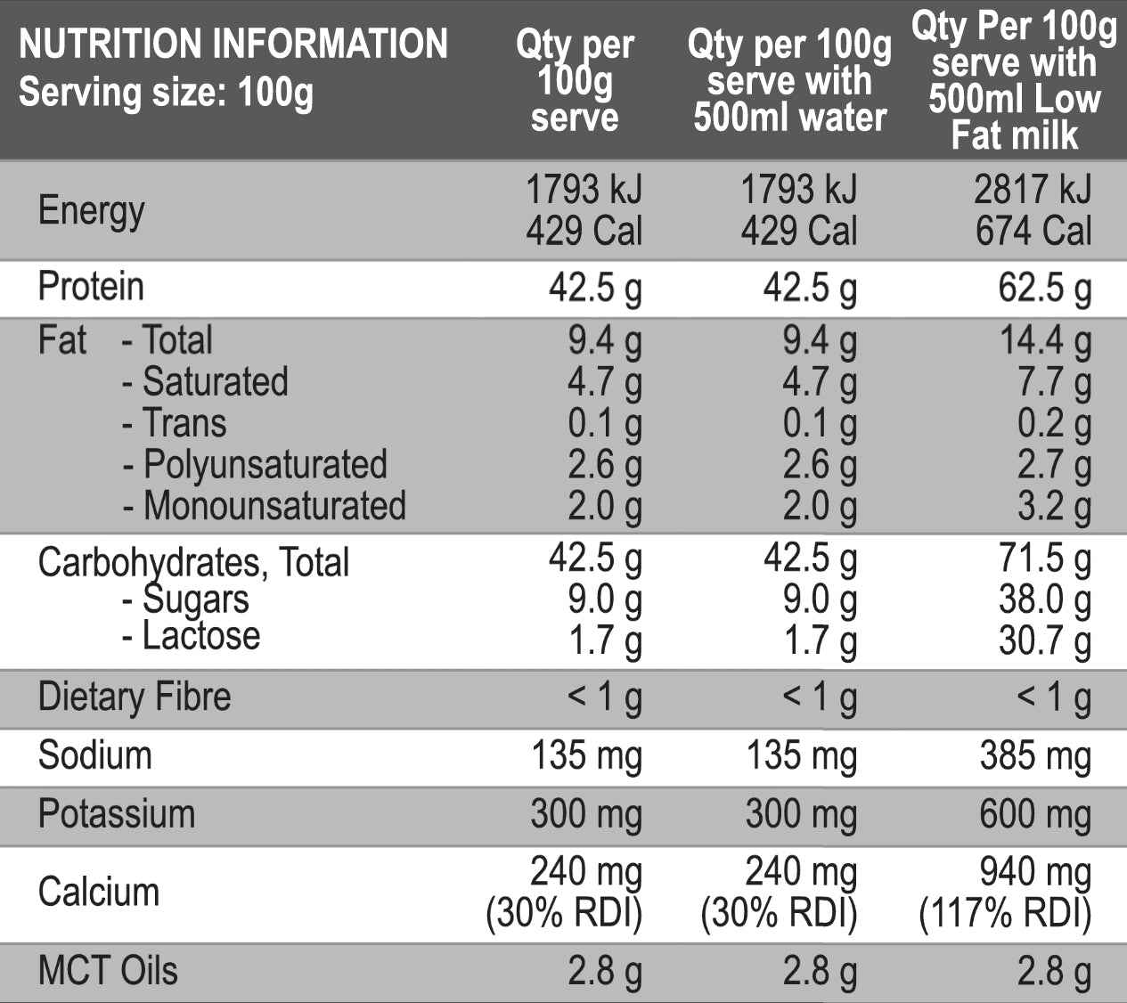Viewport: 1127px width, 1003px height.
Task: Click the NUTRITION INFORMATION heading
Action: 233,45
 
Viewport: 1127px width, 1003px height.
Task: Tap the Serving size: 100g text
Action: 166,93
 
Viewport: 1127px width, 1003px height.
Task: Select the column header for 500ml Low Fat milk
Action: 1014,81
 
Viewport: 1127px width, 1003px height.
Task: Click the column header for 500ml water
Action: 789,81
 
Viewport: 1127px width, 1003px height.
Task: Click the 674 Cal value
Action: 1033,232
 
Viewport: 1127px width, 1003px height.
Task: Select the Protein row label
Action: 91,287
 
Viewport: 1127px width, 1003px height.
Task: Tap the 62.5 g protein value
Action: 1044,289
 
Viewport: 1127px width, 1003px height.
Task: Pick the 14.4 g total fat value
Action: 1044,341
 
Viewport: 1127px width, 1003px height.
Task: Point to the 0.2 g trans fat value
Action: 1054,424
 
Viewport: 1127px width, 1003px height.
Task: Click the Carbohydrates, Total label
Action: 193,562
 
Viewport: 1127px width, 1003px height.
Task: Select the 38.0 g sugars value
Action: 1044,600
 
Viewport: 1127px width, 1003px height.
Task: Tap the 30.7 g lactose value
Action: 1044,640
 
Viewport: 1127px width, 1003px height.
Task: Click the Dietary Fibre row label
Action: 135,697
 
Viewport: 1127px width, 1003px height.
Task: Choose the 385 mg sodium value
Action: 1034,756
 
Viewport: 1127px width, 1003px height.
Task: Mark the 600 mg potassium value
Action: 1034,815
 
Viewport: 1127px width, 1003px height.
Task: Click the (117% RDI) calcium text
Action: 1005,914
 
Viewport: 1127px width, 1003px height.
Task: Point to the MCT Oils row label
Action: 108,971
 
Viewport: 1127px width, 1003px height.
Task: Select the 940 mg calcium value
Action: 1034,873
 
